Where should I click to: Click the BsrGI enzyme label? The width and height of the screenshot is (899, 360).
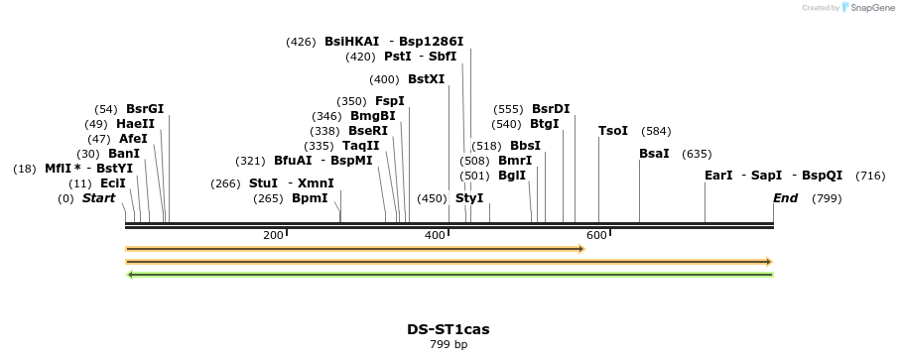(145, 109)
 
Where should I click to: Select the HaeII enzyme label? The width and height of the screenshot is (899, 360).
(135, 124)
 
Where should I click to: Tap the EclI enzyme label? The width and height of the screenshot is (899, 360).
(113, 183)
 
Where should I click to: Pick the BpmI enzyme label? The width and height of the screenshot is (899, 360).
(310, 198)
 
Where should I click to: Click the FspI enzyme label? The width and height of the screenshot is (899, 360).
(390, 101)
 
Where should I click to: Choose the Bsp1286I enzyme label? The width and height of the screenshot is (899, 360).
(432, 42)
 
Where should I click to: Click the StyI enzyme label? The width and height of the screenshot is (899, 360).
(469, 198)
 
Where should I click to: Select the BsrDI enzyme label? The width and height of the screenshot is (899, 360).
(551, 109)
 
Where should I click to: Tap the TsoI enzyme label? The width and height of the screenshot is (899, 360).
(613, 131)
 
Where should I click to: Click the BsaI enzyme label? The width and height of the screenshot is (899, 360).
(654, 154)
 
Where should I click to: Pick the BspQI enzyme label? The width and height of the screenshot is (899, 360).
(823, 176)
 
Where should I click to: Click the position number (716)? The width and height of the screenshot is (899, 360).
(870, 176)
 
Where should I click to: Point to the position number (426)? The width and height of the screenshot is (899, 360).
(301, 42)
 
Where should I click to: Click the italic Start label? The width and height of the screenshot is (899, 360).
(98, 198)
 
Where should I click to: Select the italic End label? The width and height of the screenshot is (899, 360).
(785, 198)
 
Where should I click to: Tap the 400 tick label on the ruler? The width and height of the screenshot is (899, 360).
(435, 235)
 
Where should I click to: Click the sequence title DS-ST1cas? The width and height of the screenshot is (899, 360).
(448, 329)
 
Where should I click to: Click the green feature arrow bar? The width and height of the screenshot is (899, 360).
(449, 275)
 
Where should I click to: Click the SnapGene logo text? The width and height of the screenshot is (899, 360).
(870, 8)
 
